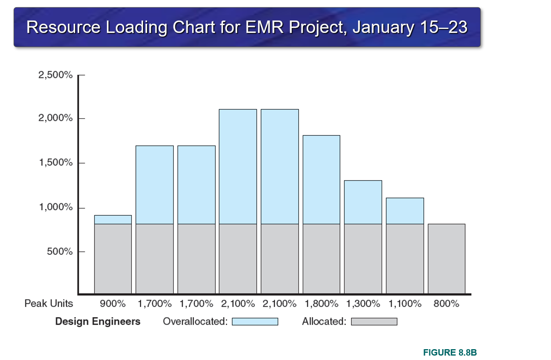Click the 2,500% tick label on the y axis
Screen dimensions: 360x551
[x=55, y=75]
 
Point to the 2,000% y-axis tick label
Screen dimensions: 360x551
[x=55, y=119]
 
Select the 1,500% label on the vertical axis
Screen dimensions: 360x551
[x=55, y=163]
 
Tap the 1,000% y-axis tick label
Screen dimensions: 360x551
[x=55, y=208]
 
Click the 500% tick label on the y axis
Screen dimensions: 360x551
[x=58, y=252]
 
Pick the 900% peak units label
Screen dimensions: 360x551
[x=113, y=304]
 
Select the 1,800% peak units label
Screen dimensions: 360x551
[x=321, y=304]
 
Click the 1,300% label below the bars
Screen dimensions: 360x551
[x=363, y=304]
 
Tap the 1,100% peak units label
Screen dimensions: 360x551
[x=405, y=304]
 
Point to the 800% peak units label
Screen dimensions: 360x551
[x=447, y=304]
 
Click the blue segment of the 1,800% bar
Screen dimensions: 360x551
[x=321, y=180]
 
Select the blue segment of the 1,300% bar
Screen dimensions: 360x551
[x=363, y=202]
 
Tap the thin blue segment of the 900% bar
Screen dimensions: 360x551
[x=113, y=219]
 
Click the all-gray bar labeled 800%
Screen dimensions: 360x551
[x=447, y=259]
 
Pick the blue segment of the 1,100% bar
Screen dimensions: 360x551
[x=405, y=211]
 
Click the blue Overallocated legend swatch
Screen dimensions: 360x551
[x=255, y=322]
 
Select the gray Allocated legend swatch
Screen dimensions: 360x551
[x=374, y=322]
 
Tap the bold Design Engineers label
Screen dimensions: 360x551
[x=98, y=321]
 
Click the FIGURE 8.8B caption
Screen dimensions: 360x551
[x=450, y=353]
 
